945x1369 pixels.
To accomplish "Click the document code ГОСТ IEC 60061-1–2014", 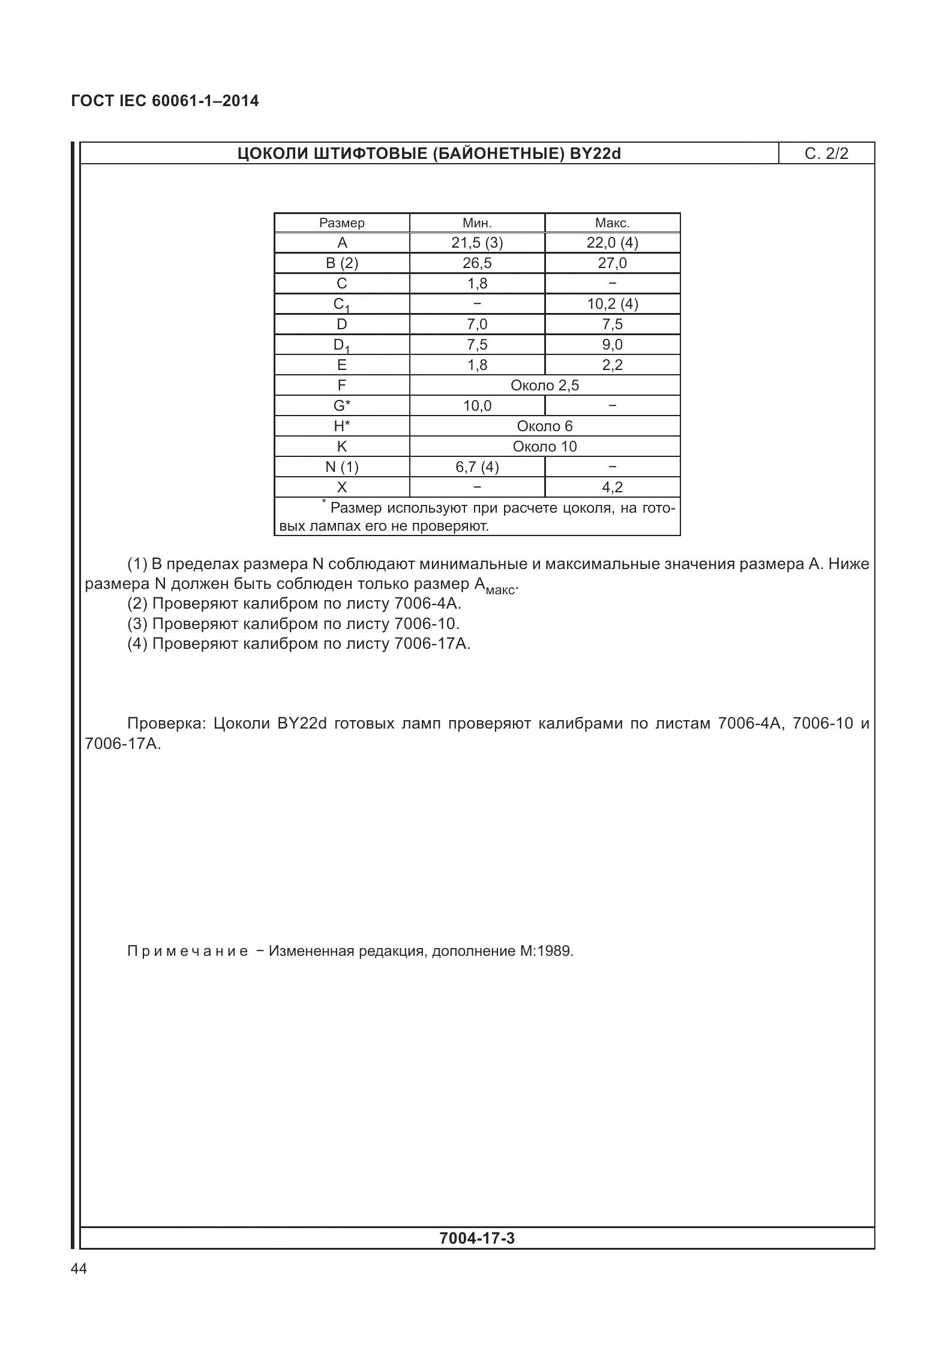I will tap(165, 101).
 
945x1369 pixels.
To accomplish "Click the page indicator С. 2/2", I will tap(826, 154).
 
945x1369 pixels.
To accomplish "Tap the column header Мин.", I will tap(477, 223).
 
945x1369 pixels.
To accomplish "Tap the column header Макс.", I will tap(612, 223).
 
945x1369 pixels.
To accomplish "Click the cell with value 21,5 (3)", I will tap(477, 243).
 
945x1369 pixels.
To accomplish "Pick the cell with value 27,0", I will tap(612, 263).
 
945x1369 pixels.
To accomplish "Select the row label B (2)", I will tap(341, 263).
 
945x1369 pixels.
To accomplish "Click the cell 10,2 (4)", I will tap(612, 304).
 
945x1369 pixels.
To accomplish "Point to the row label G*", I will tap(341, 406).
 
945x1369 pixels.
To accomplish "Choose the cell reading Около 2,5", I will tap(544, 386).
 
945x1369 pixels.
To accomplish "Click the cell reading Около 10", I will tap(544, 447).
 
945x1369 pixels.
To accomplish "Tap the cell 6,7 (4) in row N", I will tap(477, 467).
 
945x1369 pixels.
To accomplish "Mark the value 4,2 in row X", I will tap(612, 488).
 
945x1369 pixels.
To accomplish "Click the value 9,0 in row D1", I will tap(612, 345).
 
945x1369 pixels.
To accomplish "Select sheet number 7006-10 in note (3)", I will tap(426, 624).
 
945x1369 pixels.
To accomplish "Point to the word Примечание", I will tap(187, 951).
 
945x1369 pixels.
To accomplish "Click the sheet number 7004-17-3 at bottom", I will tap(476, 1238).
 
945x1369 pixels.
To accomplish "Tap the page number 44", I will tap(79, 1269).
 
